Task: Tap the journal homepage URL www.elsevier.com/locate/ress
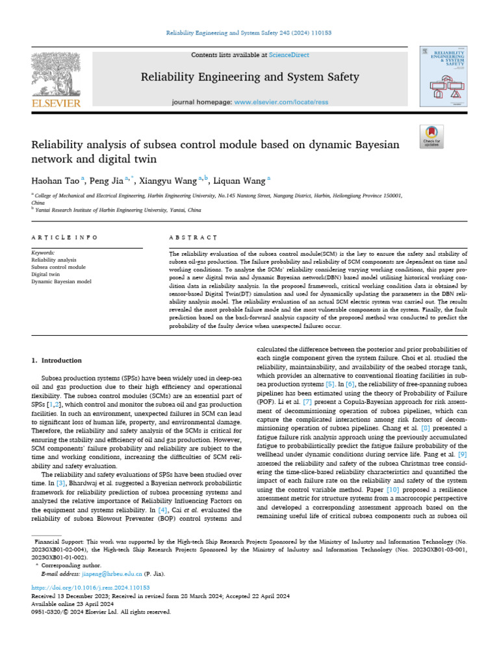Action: click(273, 103)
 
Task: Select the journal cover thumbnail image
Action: click(445, 76)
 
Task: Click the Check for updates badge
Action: click(431, 136)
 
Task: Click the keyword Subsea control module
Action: click(58, 267)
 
